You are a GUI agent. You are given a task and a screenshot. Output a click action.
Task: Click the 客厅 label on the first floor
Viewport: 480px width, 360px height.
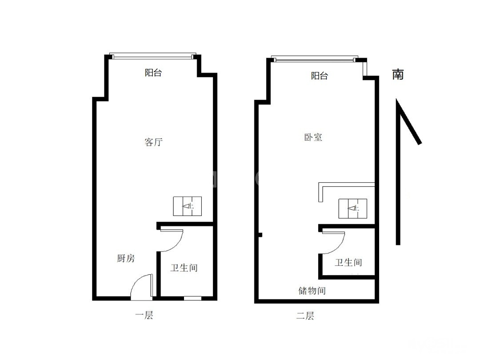click(153, 142)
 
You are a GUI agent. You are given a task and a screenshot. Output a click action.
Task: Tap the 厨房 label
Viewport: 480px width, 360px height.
click(126, 258)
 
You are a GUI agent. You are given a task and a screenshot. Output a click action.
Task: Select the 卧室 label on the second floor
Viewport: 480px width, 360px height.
click(313, 137)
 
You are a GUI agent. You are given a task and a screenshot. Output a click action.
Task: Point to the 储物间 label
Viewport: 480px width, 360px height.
click(312, 291)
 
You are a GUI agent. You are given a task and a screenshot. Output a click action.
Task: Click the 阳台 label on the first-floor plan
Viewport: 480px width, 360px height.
click(153, 72)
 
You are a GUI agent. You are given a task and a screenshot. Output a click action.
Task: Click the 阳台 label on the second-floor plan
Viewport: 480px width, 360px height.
click(319, 76)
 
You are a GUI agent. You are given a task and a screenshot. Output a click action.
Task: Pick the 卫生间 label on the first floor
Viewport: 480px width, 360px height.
click(184, 268)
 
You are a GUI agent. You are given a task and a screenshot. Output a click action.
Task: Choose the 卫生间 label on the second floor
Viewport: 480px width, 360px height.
click(348, 262)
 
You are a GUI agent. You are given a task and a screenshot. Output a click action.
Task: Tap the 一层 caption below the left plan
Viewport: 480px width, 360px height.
click(144, 315)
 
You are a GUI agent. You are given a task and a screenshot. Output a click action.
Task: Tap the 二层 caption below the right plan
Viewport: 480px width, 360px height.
click(305, 316)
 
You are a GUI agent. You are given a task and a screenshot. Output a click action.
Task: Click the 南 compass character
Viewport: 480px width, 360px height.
click(398, 74)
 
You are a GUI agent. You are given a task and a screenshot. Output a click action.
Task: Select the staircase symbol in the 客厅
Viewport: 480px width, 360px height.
click(188, 206)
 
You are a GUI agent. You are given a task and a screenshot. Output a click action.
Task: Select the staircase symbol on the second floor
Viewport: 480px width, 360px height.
click(352, 208)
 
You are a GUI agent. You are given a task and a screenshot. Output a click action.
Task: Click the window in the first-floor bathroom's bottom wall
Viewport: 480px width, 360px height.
click(192, 298)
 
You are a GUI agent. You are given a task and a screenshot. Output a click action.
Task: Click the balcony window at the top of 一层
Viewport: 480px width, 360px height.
click(153, 56)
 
